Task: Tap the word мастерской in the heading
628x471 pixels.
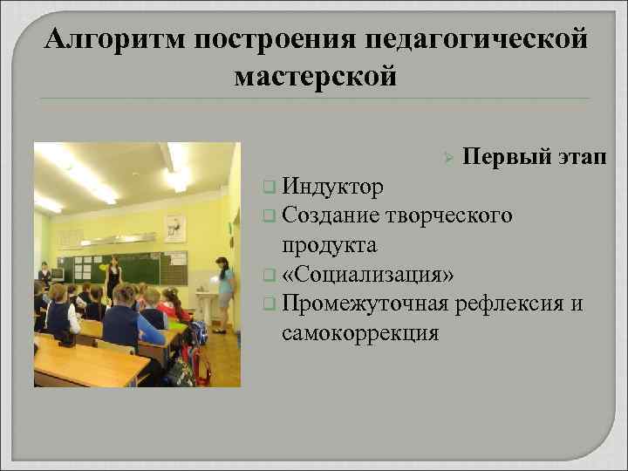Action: [x=315, y=77]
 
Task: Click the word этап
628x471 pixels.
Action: [x=581, y=157]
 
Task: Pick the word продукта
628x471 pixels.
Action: [x=330, y=244]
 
